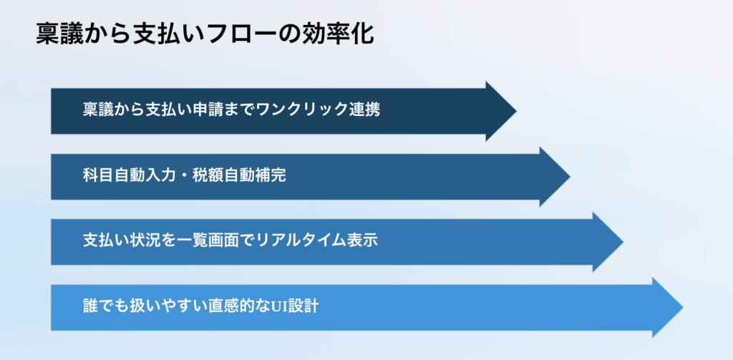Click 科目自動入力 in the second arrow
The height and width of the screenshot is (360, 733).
[x=125, y=175]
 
